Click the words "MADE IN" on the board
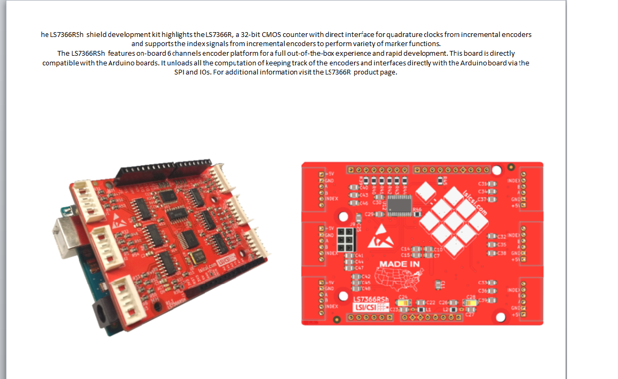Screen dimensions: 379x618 [x=399, y=264]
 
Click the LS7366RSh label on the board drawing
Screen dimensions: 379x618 [x=371, y=299]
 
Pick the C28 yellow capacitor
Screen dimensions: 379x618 [x=470, y=303]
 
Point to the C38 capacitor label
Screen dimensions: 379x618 [x=502, y=253]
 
